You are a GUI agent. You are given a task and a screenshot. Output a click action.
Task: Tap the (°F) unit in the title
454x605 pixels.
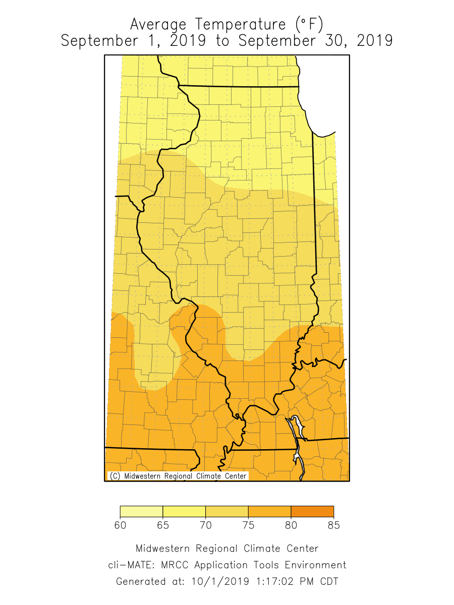308,24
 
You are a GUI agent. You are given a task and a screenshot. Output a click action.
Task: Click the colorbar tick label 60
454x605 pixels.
120,525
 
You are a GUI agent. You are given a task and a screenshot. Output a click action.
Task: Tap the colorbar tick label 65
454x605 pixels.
163,525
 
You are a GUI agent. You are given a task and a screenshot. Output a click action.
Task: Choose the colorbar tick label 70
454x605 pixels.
205,525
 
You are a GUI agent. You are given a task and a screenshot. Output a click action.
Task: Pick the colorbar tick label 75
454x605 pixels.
248,525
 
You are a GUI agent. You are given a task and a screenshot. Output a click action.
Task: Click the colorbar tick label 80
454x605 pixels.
291,525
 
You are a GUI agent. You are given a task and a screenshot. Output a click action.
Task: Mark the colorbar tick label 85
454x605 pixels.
333,525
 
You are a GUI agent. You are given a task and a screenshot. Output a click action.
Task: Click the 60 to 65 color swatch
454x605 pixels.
141,512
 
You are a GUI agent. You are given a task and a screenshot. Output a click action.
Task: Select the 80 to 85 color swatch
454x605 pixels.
312,512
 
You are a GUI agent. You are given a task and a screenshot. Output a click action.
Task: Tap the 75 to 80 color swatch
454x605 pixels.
269,512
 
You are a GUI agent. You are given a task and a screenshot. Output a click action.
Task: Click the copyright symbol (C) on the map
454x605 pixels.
115,476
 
